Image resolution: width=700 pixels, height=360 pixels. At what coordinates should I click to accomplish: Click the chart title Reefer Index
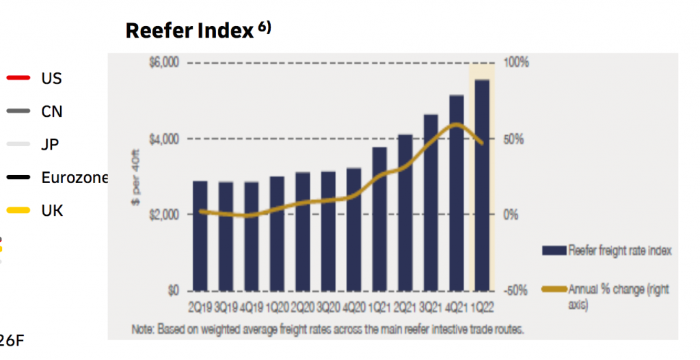tap(189, 31)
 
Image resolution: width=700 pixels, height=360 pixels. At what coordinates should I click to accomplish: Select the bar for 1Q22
tap(482, 184)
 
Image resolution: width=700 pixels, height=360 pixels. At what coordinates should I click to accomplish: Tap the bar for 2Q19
tap(200, 235)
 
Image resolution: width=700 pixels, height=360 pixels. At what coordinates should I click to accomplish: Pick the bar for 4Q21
tap(456, 192)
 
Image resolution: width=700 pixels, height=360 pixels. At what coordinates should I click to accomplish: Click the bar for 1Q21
tap(379, 218)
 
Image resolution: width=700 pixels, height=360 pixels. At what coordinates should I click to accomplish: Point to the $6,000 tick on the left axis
tap(163, 63)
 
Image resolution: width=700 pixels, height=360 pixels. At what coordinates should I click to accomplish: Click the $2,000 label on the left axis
tap(163, 214)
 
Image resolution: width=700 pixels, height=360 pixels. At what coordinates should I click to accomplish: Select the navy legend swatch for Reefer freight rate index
tap(553, 251)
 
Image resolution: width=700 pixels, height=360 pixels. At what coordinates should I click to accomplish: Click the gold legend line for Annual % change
tap(553, 290)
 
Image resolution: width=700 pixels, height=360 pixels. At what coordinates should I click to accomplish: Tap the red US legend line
tap(18, 78)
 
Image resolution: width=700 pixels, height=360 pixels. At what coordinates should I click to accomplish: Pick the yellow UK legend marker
tap(18, 210)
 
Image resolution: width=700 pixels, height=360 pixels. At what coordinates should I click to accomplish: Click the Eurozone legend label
tap(75, 178)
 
